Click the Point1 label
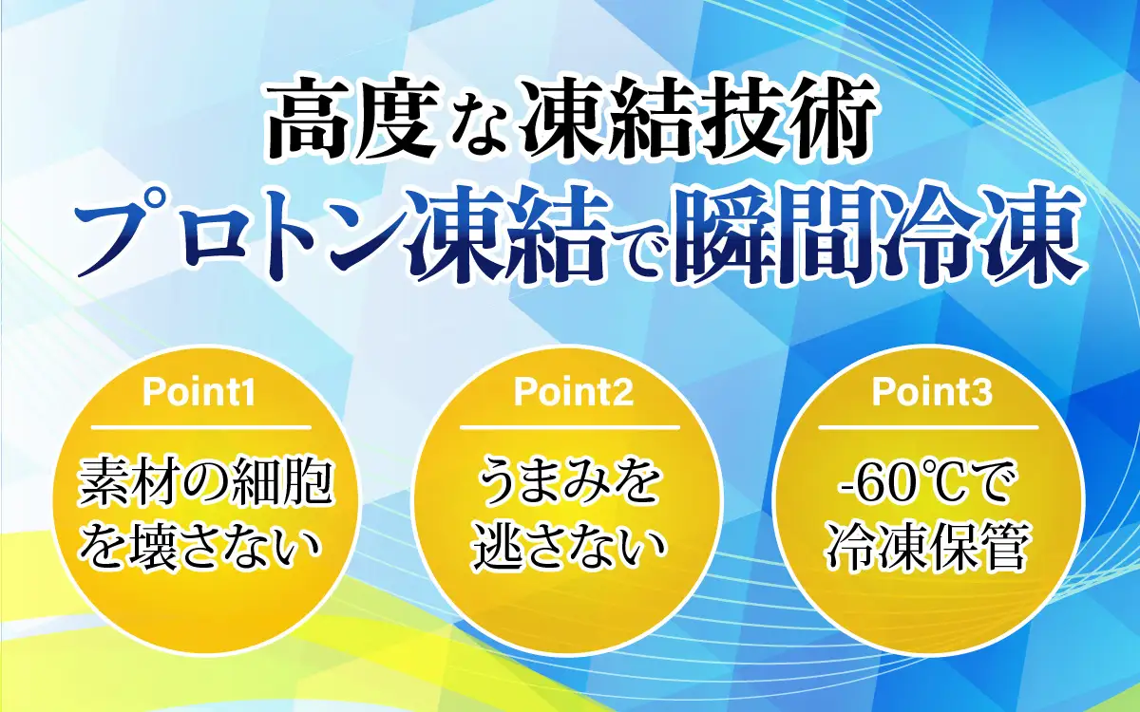199,393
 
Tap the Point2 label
573,393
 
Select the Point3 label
931,393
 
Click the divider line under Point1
199,427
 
